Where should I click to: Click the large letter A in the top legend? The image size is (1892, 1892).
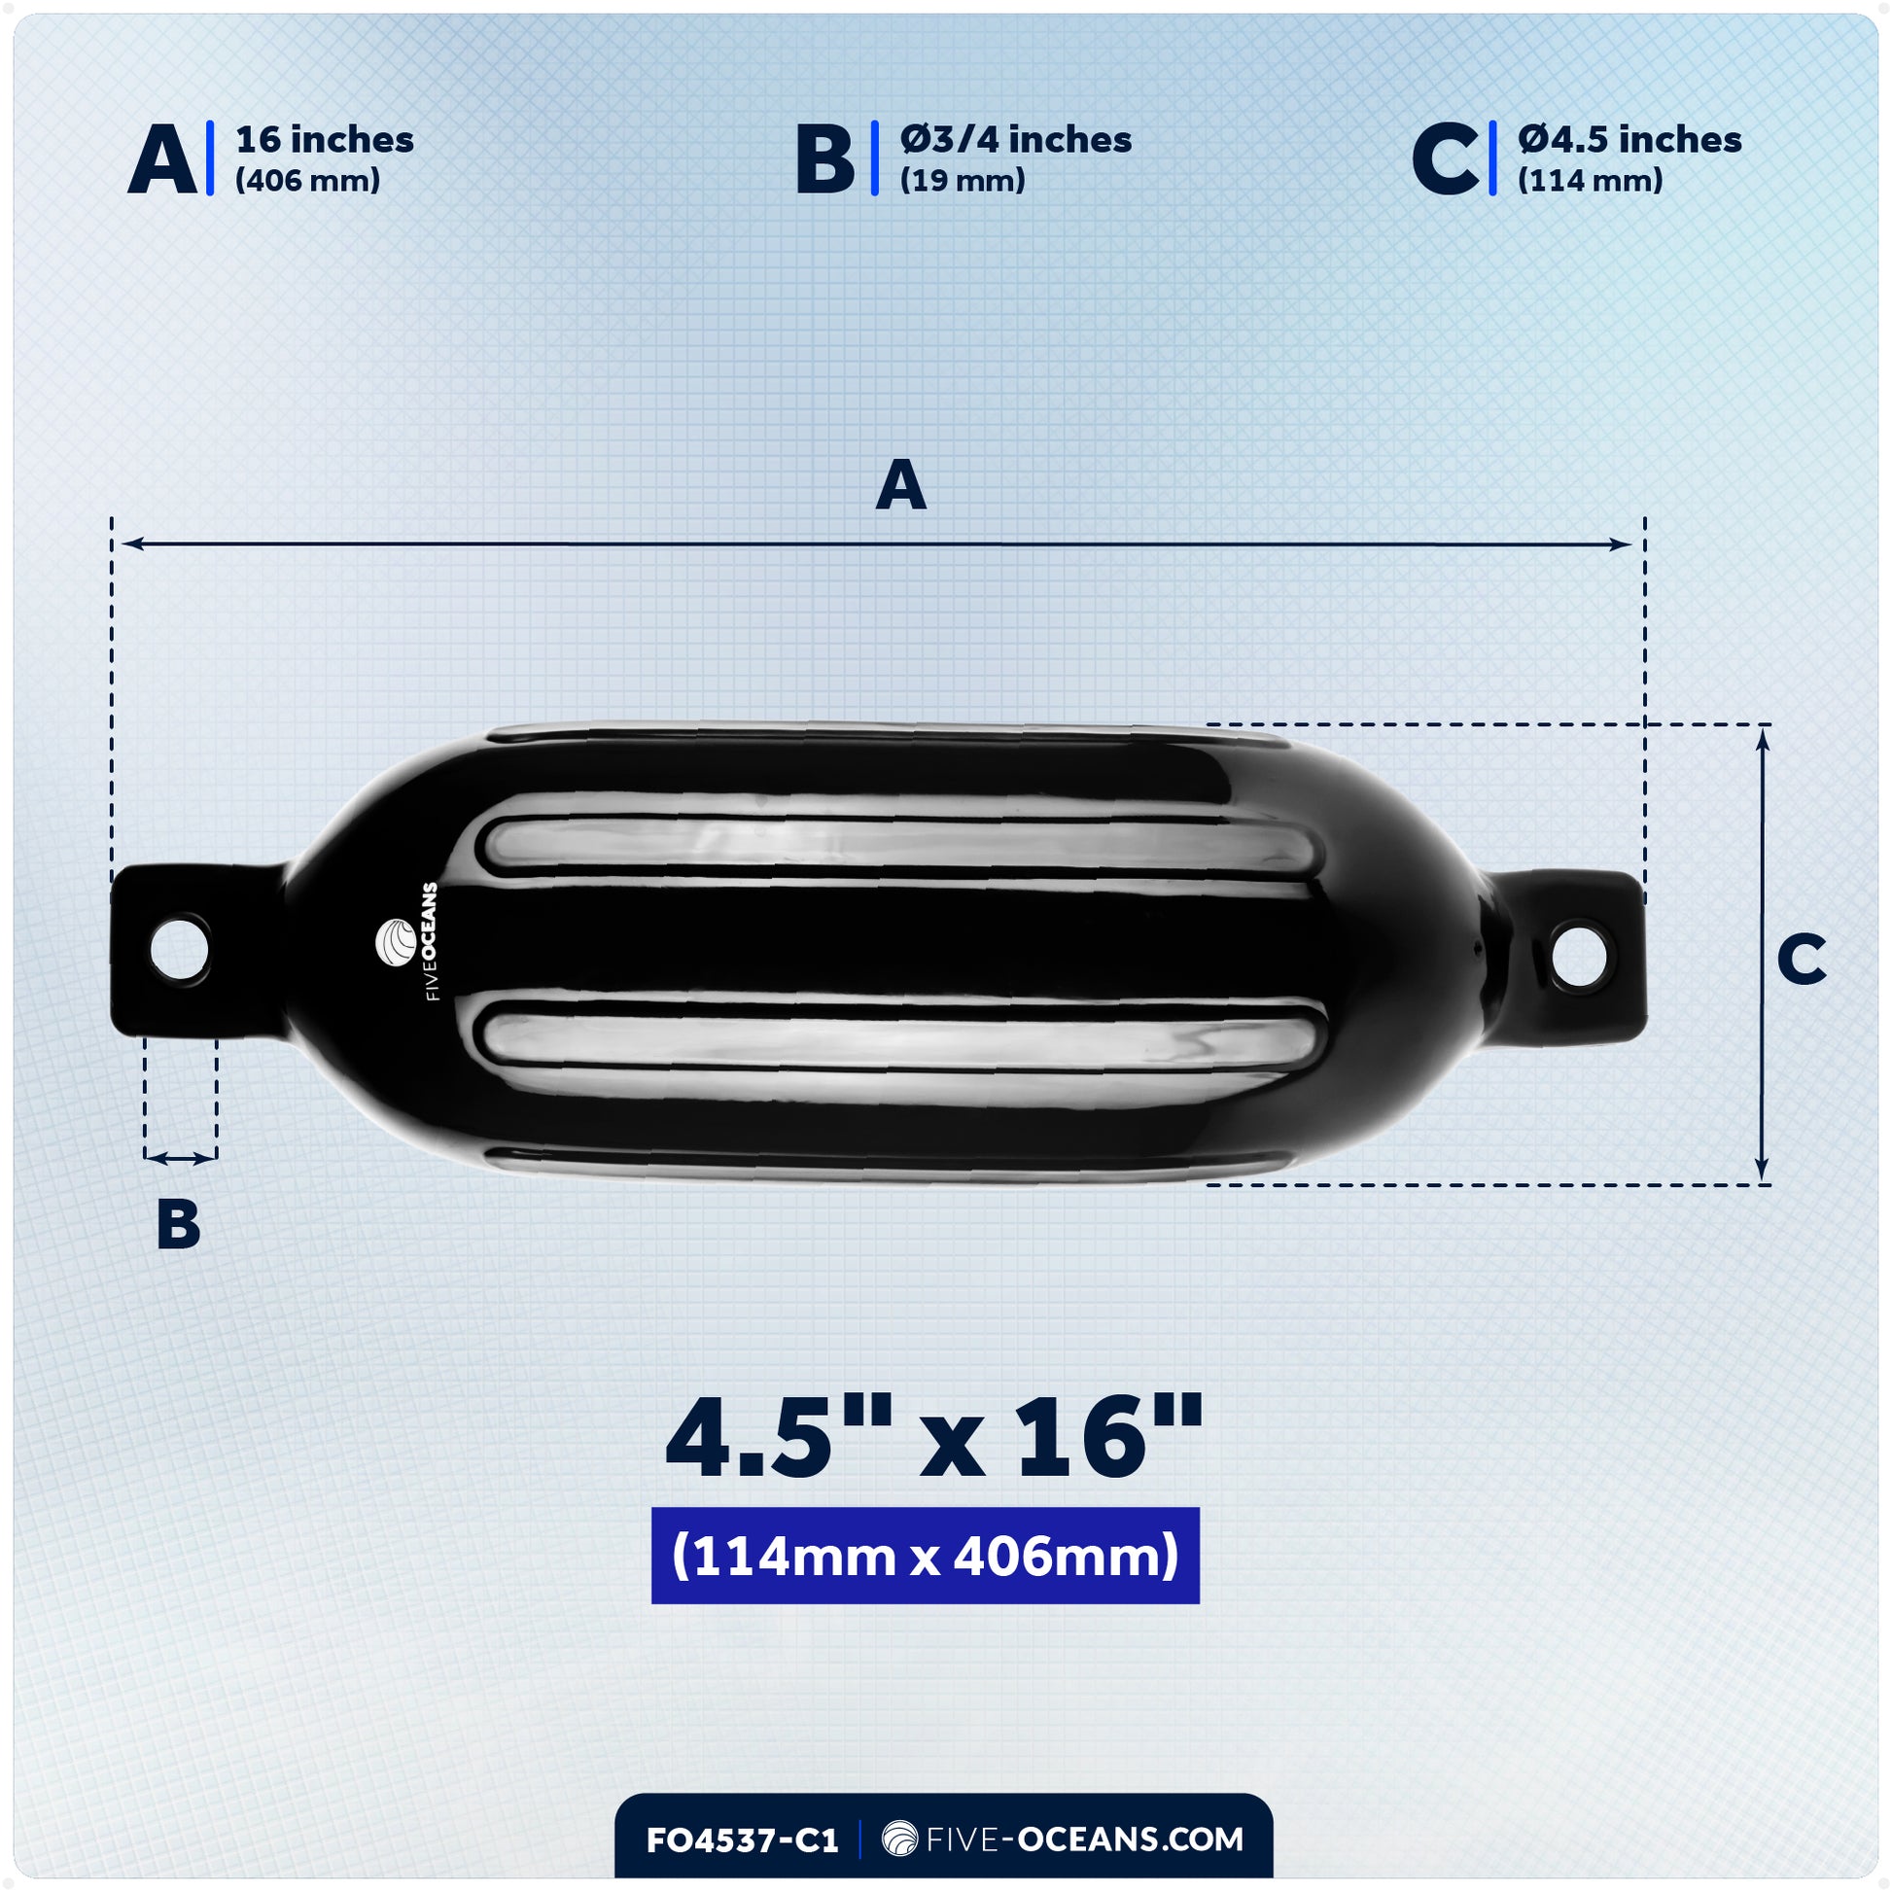tap(162, 158)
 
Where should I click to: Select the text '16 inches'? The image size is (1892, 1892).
tap(324, 140)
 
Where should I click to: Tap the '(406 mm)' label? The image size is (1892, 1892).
tap(306, 180)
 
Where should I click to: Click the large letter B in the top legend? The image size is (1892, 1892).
tap(824, 158)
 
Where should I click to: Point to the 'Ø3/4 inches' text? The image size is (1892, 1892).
tap(1016, 140)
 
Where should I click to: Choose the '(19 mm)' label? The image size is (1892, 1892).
tap(962, 180)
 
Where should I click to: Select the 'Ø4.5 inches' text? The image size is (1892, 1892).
tap(1629, 140)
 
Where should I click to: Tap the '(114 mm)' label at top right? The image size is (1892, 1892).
tap(1590, 180)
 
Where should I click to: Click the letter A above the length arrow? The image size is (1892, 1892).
tap(900, 485)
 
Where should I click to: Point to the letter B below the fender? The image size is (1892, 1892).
tap(178, 1224)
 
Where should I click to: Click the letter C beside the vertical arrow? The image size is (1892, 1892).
tap(1801, 959)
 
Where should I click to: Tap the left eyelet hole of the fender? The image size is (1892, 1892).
tap(179, 948)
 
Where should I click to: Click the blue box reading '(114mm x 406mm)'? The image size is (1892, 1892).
tap(925, 1556)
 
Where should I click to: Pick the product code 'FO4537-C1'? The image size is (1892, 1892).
tap(741, 1840)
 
